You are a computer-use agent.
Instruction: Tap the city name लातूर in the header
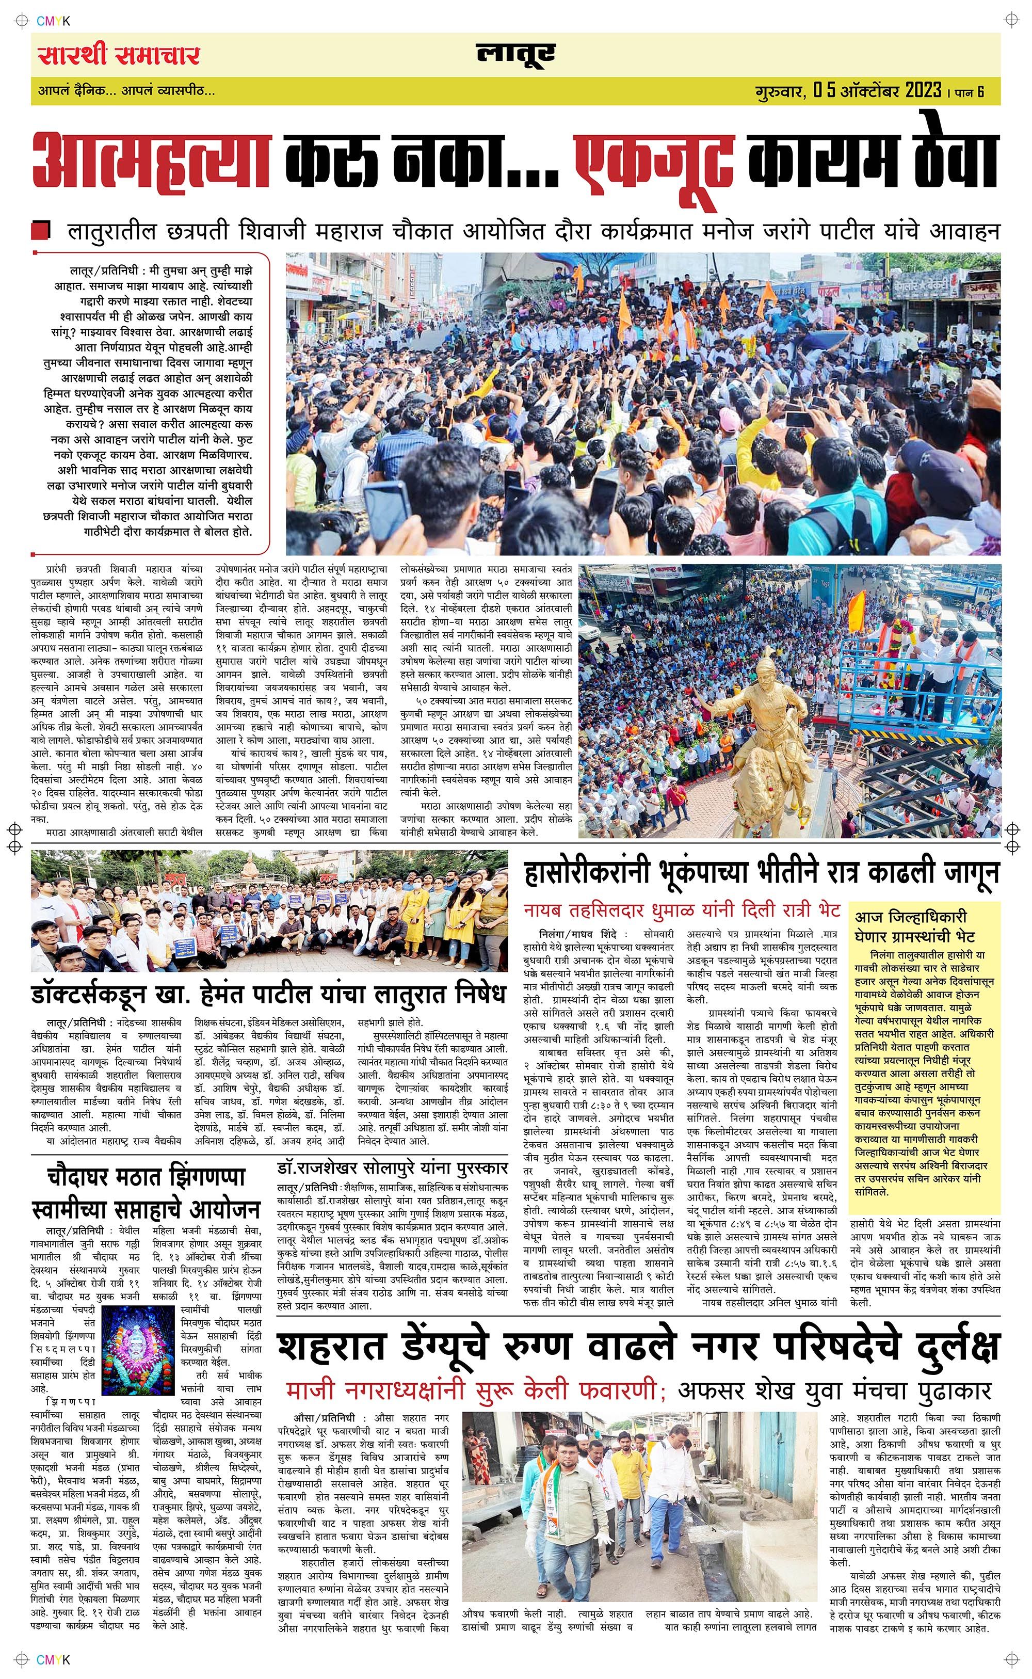pyautogui.click(x=515, y=55)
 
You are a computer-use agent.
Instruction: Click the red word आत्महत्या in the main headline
pyautogui.click(x=152, y=162)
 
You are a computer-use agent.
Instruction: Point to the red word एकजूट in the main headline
pyautogui.click(x=654, y=162)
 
